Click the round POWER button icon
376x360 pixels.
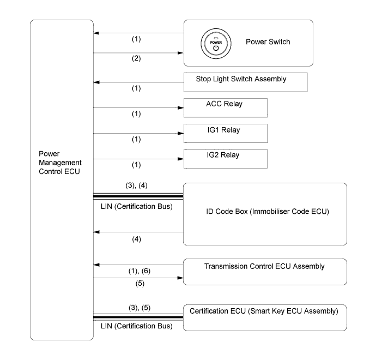point(216,44)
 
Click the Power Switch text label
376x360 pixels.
point(268,42)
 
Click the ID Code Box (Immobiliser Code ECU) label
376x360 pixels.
point(268,212)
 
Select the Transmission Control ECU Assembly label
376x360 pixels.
point(264,266)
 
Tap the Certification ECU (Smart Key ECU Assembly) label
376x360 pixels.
point(264,311)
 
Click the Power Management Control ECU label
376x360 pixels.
point(60,163)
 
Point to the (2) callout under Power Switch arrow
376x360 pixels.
point(136,58)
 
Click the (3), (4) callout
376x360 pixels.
point(136,185)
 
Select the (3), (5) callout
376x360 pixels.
point(140,308)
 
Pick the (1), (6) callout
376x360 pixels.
point(140,271)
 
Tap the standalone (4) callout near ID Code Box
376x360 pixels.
point(136,239)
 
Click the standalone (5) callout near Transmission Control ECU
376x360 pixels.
point(140,284)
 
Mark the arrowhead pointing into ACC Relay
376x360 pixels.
point(180,108)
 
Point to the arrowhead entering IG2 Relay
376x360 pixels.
point(180,159)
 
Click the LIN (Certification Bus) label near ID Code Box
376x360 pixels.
point(136,206)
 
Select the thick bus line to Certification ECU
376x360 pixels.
point(138,317)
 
